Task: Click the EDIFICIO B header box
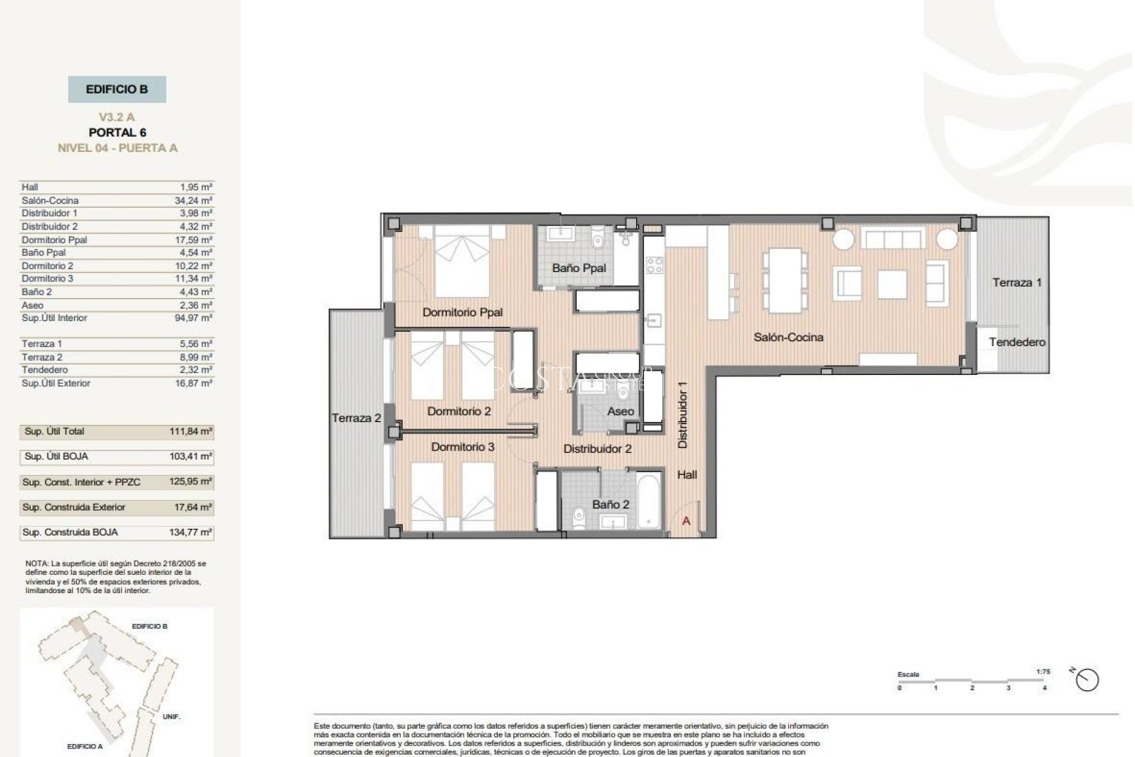(116, 89)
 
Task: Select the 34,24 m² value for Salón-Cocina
(193, 200)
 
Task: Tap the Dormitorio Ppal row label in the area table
(54, 240)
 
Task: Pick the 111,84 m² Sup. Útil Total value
(190, 432)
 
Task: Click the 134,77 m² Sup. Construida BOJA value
(190, 532)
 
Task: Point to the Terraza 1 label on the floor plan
(1016, 283)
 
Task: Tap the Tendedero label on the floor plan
(1017, 342)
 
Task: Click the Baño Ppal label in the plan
(579, 268)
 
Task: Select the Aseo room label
(620, 411)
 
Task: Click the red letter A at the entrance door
(686, 521)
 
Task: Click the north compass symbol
(1087, 680)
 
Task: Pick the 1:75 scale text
(1043, 672)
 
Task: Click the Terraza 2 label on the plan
(356, 418)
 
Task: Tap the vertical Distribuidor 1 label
(683, 414)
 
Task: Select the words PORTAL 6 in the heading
(117, 132)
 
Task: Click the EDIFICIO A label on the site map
(85, 746)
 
